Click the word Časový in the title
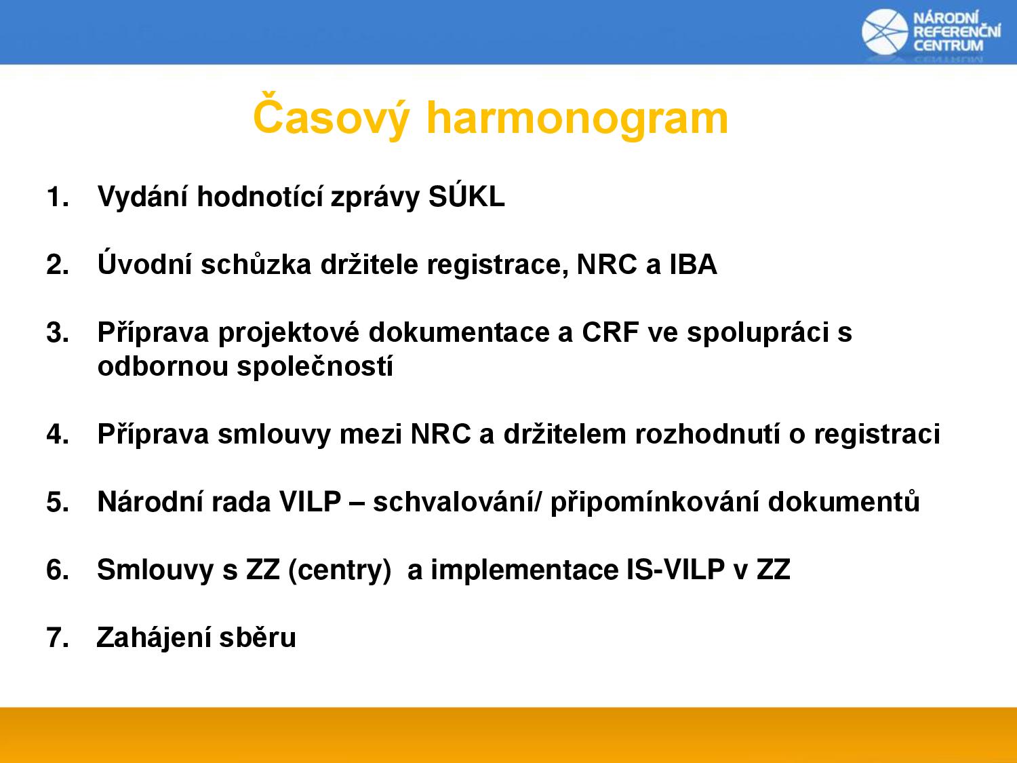(x=332, y=116)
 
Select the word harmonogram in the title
(x=577, y=119)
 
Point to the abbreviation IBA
(x=694, y=264)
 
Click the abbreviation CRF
(x=611, y=332)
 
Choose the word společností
(x=315, y=366)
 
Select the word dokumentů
(x=843, y=501)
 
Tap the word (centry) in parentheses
(x=340, y=570)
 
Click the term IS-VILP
(x=675, y=569)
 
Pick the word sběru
(x=258, y=637)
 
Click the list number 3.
(x=58, y=332)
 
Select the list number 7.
(x=58, y=638)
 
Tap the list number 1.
(x=58, y=197)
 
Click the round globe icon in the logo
(x=885, y=31)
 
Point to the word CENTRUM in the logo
(x=948, y=45)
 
